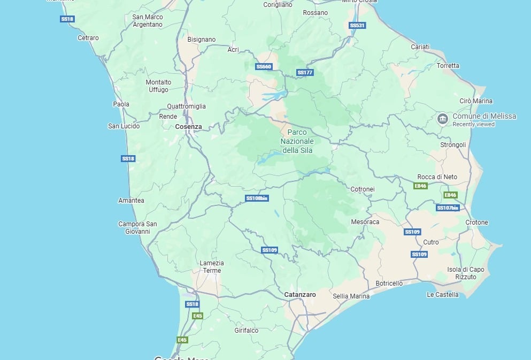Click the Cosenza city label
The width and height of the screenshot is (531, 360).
tap(188, 127)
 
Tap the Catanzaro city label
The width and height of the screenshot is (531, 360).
tap(300, 295)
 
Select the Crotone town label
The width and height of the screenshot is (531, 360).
tap(476, 223)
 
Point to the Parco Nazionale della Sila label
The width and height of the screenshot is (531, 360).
tap(297, 141)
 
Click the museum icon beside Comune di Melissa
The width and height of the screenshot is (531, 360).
tap(442, 119)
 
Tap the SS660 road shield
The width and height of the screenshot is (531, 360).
tap(264, 67)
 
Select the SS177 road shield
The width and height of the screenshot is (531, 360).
tap(305, 73)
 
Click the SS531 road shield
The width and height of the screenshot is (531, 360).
tap(357, 25)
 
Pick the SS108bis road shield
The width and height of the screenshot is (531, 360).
tap(257, 198)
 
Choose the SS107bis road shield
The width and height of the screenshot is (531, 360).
tap(448, 208)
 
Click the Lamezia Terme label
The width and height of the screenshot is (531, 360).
tap(212, 266)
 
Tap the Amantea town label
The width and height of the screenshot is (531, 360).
tap(131, 201)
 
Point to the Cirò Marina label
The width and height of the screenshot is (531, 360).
tap(476, 101)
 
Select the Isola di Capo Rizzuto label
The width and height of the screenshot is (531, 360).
tap(465, 273)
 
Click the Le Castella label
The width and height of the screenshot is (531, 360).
tap(442, 295)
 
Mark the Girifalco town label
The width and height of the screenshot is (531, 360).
tap(246, 331)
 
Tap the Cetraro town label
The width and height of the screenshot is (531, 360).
tap(88, 38)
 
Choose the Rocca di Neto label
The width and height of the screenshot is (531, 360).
tap(437, 177)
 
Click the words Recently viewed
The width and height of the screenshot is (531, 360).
tap(473, 125)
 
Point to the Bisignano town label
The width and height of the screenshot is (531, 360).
tap(202, 40)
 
